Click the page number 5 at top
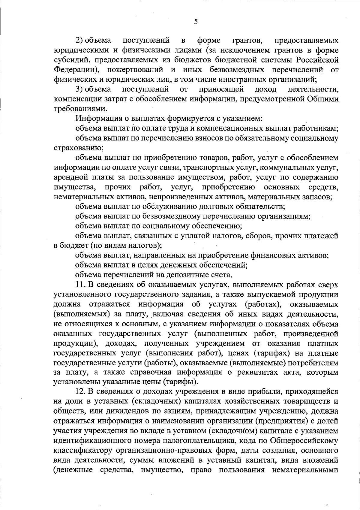[x=196, y=22]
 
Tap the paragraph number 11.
[x=80, y=285]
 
